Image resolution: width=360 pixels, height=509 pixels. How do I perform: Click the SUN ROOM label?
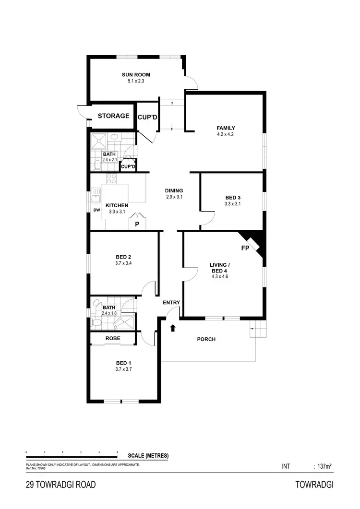[136, 75]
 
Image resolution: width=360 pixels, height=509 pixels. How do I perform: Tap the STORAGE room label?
[114, 116]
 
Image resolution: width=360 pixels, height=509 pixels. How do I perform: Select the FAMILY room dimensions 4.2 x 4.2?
[226, 134]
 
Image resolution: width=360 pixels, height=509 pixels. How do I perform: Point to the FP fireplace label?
[245, 248]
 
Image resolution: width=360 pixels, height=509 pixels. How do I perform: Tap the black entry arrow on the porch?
[173, 329]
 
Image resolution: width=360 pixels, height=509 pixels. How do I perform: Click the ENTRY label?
[171, 302]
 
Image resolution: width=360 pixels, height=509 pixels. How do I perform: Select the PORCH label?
[206, 339]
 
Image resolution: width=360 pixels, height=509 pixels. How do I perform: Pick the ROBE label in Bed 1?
[113, 338]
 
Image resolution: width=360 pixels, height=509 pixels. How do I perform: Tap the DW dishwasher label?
[96, 210]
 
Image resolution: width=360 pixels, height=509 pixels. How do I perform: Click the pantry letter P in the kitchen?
[137, 224]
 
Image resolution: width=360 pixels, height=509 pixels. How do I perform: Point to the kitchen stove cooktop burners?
[111, 179]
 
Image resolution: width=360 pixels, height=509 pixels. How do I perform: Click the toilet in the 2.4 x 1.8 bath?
[96, 323]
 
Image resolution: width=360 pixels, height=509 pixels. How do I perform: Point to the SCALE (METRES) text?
[148, 456]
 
